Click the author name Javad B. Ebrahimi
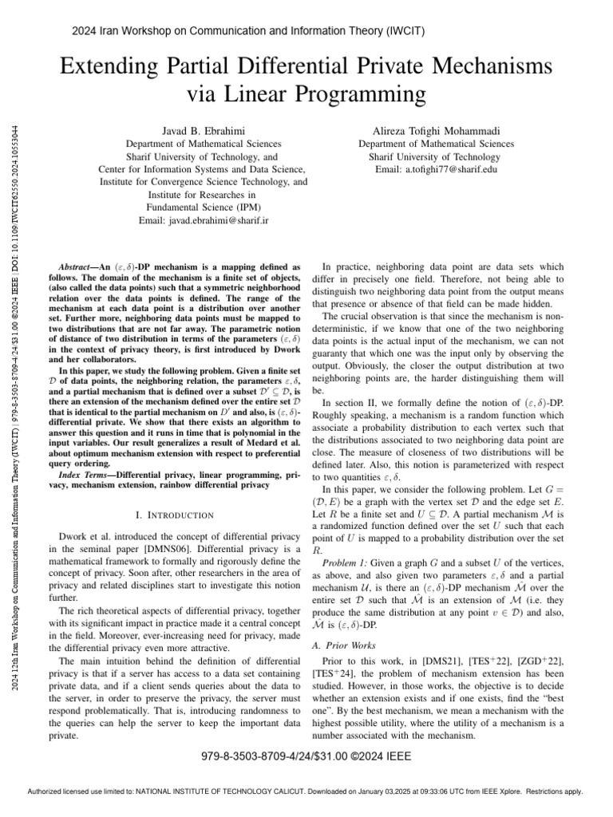click(202, 130)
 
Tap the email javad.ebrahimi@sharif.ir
click(202, 221)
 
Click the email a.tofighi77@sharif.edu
click(436, 170)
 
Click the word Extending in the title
click(114, 64)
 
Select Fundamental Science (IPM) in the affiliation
click(202, 207)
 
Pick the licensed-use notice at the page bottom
click(306, 792)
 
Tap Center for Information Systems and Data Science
click(202, 169)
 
